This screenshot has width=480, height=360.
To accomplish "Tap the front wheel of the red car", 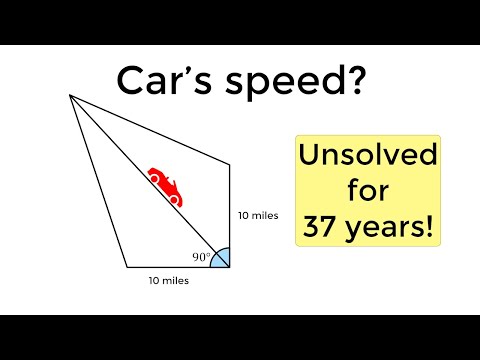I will (x=174, y=200).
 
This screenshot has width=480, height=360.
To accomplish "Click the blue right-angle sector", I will (x=222, y=258).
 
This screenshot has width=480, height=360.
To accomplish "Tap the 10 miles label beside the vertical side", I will (x=257, y=215).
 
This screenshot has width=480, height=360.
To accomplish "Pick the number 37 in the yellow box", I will (x=322, y=227).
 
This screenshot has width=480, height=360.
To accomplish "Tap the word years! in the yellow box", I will (x=391, y=228).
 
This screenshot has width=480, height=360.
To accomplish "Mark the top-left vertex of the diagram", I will (x=69, y=96).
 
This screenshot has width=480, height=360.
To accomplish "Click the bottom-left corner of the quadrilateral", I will (x=127, y=268).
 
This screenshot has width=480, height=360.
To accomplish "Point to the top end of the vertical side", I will (x=231, y=162).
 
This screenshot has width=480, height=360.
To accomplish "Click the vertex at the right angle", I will (x=231, y=268).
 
